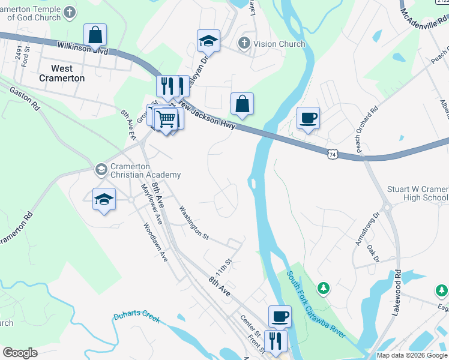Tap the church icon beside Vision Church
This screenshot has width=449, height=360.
[243, 43]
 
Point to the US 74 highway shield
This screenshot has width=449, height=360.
[332, 154]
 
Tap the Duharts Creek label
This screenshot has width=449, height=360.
[137, 317]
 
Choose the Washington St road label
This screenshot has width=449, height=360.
[193, 223]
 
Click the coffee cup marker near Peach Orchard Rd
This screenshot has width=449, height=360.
[308, 117]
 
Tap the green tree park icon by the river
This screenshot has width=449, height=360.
[324, 289]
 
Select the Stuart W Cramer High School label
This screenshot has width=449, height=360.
[418, 193]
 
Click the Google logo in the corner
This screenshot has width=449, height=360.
[20, 352]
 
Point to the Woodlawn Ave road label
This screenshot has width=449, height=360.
[154, 242]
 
